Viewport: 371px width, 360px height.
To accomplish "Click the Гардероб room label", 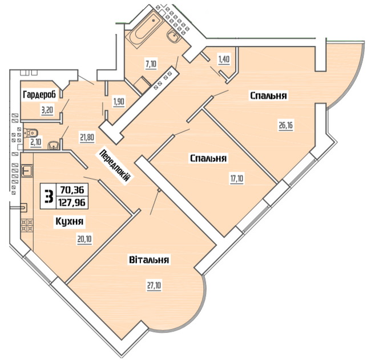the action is tap(39, 95).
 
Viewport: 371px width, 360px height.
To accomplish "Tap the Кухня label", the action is tap(69, 222).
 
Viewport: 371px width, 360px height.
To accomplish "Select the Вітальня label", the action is tap(149, 259).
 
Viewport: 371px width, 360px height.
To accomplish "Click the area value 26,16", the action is tap(286, 126).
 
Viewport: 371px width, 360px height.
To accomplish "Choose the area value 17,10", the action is tap(237, 178).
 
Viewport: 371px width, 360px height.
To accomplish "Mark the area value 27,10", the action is tap(154, 286).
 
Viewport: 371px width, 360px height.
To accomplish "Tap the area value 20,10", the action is tap(84, 239).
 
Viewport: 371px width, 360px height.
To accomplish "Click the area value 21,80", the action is tap(87, 137).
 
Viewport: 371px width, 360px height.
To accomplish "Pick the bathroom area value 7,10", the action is tap(151, 64).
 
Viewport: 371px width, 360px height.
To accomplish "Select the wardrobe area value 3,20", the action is tap(47, 110).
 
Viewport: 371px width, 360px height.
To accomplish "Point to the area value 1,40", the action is tap(224, 59).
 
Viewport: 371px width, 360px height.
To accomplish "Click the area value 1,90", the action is tap(119, 102).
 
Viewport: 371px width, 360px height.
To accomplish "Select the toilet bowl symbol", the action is tap(30, 133).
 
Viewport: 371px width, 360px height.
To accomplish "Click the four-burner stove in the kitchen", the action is tap(27, 225).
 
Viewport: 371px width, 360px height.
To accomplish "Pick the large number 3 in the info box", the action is tap(49, 197).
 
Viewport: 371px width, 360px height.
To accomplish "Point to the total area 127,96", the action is tap(72, 203).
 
